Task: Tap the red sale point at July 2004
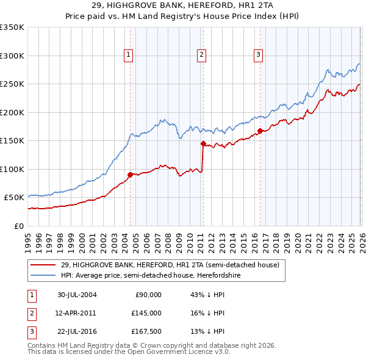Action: tap(130, 175)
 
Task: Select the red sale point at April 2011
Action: tap(202, 144)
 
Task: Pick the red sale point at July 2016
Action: tap(259, 130)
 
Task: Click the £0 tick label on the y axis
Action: tap(18, 226)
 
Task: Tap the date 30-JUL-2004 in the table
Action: tap(77, 295)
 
